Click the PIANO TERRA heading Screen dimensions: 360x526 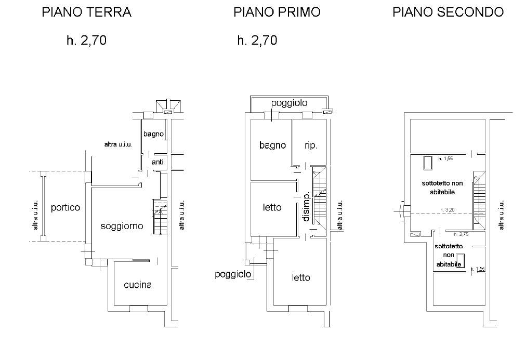[x=86, y=12]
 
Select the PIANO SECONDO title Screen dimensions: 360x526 [x=448, y=12]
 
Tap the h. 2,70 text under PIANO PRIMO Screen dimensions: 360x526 [x=257, y=41]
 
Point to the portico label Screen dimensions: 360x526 [x=65, y=208]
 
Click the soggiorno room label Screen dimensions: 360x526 [x=122, y=226]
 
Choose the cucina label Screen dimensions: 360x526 [x=138, y=285]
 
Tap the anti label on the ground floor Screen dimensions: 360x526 [x=157, y=163]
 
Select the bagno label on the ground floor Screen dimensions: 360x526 [x=153, y=134]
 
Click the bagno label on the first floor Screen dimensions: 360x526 [x=272, y=145]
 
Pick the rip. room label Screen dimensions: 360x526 [x=311, y=145]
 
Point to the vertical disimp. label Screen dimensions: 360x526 [x=307, y=207]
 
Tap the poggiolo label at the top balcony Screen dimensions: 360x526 [x=288, y=103]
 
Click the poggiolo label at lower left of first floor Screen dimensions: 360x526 [x=233, y=274]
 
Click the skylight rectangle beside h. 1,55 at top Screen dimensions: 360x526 [x=428, y=163]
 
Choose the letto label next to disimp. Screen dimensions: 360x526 [x=271, y=207]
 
